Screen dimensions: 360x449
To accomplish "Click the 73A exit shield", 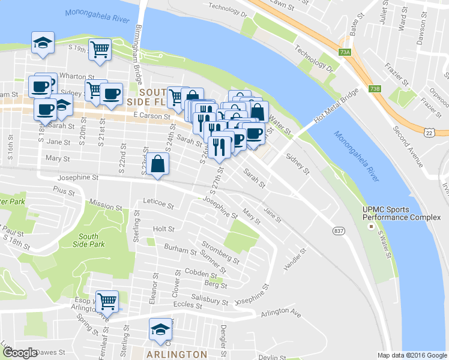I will (345, 53).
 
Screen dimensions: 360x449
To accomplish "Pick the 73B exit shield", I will (375, 89).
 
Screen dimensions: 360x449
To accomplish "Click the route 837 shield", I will (339, 230).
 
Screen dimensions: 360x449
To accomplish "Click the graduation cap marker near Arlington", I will (160, 329).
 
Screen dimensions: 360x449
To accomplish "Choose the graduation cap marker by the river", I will (43, 43).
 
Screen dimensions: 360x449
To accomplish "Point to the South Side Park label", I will (88, 240).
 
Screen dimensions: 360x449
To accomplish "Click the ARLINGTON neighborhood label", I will (178, 354).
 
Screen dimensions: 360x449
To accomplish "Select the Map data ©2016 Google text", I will (411, 355).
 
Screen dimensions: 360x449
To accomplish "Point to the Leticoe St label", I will (158, 206).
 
